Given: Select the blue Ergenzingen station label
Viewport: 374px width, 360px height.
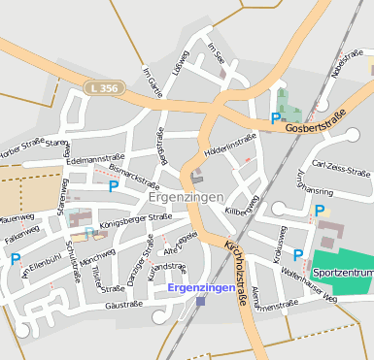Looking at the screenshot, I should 200,288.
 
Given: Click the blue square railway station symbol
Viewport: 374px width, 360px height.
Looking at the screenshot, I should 200,302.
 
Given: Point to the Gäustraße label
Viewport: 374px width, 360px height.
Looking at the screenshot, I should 123,304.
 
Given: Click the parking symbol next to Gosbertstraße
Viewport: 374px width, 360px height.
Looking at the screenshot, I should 276,118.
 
